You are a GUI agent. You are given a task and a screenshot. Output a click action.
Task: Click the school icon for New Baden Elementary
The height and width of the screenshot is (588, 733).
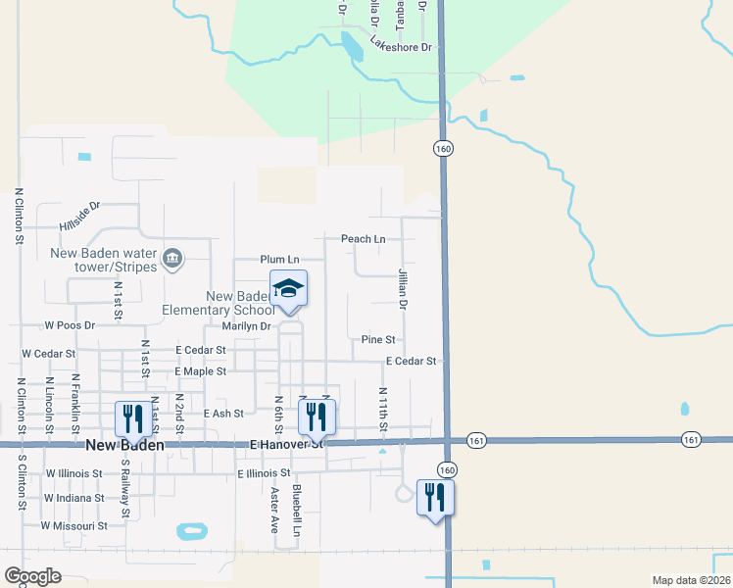[x=288, y=289]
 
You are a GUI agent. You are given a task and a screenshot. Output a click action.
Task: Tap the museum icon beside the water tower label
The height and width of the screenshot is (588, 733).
[x=172, y=258]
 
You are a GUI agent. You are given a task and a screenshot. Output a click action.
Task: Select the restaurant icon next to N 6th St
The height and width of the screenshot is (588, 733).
[x=317, y=416]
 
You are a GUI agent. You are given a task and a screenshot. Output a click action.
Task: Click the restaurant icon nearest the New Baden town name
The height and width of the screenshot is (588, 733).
[x=130, y=418]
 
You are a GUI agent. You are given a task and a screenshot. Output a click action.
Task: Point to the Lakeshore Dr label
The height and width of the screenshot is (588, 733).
[x=401, y=45]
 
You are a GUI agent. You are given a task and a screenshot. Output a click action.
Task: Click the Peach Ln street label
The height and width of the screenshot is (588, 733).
[x=364, y=239]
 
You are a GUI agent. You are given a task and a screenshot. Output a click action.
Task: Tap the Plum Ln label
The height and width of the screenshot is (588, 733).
[x=279, y=260]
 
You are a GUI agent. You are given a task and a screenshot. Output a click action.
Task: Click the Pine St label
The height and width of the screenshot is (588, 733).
[x=378, y=340]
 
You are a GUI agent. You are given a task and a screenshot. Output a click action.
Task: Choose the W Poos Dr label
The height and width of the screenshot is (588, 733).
[x=70, y=324]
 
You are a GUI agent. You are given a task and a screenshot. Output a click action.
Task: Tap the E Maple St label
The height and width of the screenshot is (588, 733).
[x=200, y=372]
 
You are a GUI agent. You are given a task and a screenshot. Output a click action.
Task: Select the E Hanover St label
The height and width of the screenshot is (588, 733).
[x=286, y=444]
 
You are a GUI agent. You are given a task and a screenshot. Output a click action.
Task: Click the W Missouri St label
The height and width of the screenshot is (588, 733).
[x=73, y=526]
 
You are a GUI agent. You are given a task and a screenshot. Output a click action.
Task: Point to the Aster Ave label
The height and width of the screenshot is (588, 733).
[x=275, y=510]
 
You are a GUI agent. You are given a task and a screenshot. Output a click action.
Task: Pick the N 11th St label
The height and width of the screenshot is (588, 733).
[x=383, y=408]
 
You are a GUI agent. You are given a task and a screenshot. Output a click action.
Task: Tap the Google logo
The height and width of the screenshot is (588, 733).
[x=32, y=577]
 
